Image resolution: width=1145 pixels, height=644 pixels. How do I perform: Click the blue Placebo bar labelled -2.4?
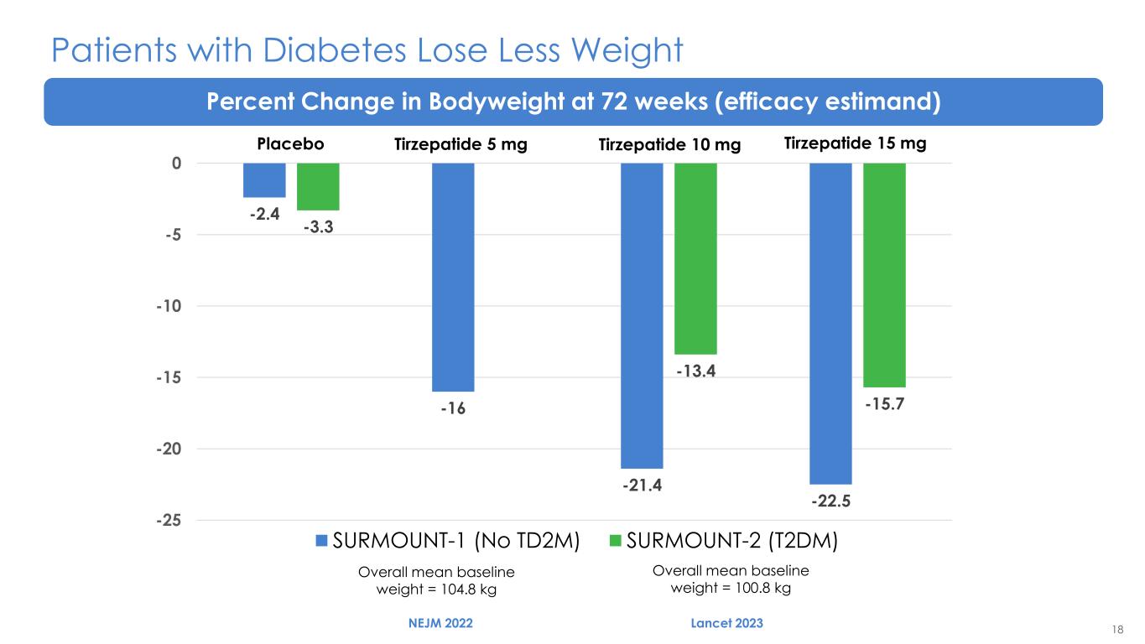[x=264, y=180]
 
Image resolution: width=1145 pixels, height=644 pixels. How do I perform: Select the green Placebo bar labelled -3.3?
[x=318, y=186]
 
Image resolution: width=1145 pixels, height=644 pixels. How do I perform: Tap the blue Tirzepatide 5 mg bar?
[x=453, y=277]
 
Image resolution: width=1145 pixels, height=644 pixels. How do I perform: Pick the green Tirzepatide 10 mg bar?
[x=695, y=258]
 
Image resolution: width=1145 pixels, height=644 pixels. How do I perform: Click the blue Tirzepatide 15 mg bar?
[x=830, y=323]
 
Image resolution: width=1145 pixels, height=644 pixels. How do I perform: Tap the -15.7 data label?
[x=884, y=404]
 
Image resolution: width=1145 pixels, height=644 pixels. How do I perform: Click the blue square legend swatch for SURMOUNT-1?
[x=322, y=541]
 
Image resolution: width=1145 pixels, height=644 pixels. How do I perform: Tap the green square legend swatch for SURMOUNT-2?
[x=616, y=541]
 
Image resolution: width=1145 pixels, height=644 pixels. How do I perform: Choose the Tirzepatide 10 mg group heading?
[x=669, y=145]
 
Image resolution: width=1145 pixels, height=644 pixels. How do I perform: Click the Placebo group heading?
[x=289, y=144]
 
